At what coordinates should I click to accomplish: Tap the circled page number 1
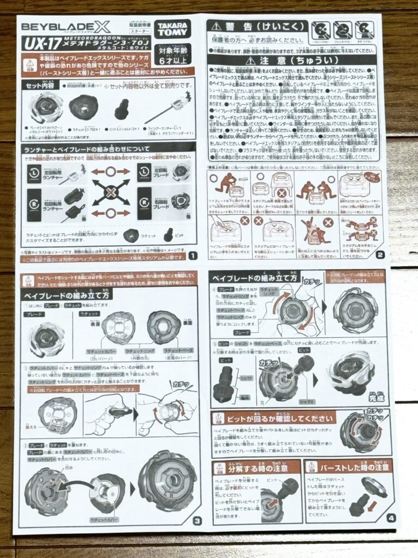(192, 255)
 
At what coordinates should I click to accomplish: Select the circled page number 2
(379, 253)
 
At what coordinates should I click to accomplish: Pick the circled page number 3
(197, 520)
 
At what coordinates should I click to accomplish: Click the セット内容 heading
(40, 85)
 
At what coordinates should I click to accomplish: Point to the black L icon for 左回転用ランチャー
(34, 173)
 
